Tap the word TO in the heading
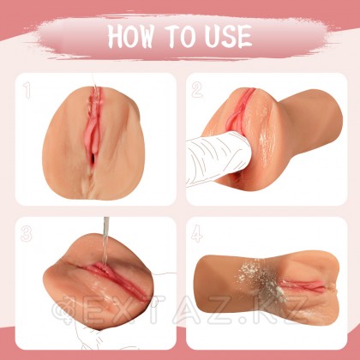[183, 37]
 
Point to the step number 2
[197, 88]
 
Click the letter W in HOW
[153, 37]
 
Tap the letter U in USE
[210, 37]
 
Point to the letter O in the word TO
[189, 37]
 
